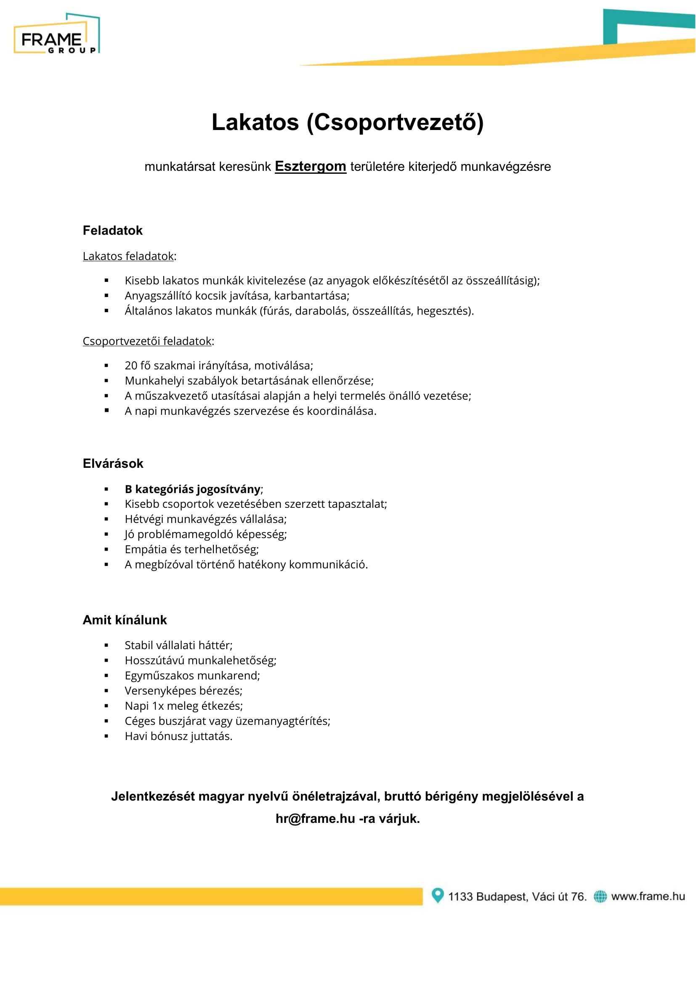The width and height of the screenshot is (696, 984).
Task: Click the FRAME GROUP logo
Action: (x=56, y=34)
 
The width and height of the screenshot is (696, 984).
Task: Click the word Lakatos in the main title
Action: (x=255, y=122)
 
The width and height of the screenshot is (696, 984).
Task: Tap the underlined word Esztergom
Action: (x=310, y=166)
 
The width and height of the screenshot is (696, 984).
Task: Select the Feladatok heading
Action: (x=112, y=231)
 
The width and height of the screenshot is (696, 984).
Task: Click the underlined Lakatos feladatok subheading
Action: (x=128, y=256)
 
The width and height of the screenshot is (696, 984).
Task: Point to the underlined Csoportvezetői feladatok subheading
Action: (x=147, y=341)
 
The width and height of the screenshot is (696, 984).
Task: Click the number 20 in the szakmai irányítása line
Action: (x=131, y=366)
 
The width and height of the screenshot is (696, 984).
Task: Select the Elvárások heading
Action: (x=113, y=463)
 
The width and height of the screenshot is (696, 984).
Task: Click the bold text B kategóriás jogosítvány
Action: (x=192, y=489)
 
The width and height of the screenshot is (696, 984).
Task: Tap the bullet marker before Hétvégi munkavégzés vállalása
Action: (x=106, y=519)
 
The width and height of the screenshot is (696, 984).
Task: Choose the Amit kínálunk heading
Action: (x=124, y=620)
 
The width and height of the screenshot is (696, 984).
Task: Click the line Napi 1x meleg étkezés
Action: (x=183, y=706)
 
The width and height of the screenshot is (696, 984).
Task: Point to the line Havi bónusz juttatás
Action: (x=178, y=736)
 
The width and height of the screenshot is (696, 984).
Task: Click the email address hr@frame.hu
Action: (x=315, y=819)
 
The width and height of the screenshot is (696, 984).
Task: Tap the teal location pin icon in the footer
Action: (x=437, y=895)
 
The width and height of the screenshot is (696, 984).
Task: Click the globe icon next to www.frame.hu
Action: (x=600, y=896)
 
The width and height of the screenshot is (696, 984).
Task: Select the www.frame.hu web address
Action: (x=648, y=896)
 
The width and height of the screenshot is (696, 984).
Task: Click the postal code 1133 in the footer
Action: (x=460, y=896)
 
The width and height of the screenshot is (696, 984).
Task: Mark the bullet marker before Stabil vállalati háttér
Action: (x=106, y=645)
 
